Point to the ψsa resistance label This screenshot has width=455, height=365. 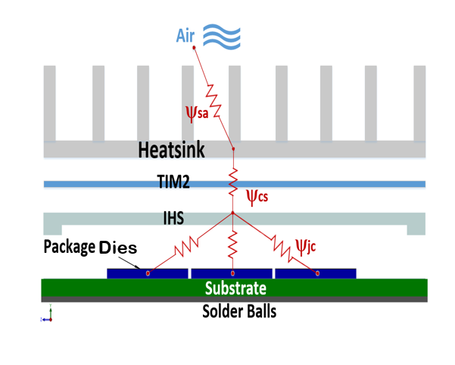coord(197,111)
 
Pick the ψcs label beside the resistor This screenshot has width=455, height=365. coord(257,197)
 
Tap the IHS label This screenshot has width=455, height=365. coord(180,218)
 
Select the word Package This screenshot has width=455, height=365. coord(69,246)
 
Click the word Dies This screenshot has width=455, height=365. coord(117,247)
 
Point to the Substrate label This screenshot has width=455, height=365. coord(235,289)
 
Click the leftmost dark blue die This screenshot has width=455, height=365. coord(148,273)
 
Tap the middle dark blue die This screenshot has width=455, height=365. coord(232,273)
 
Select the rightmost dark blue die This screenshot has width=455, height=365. coord(315,273)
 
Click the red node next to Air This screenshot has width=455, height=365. coord(195,48)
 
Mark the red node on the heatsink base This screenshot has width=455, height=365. coord(232,149)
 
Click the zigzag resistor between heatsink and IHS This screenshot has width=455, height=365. coord(232,181)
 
